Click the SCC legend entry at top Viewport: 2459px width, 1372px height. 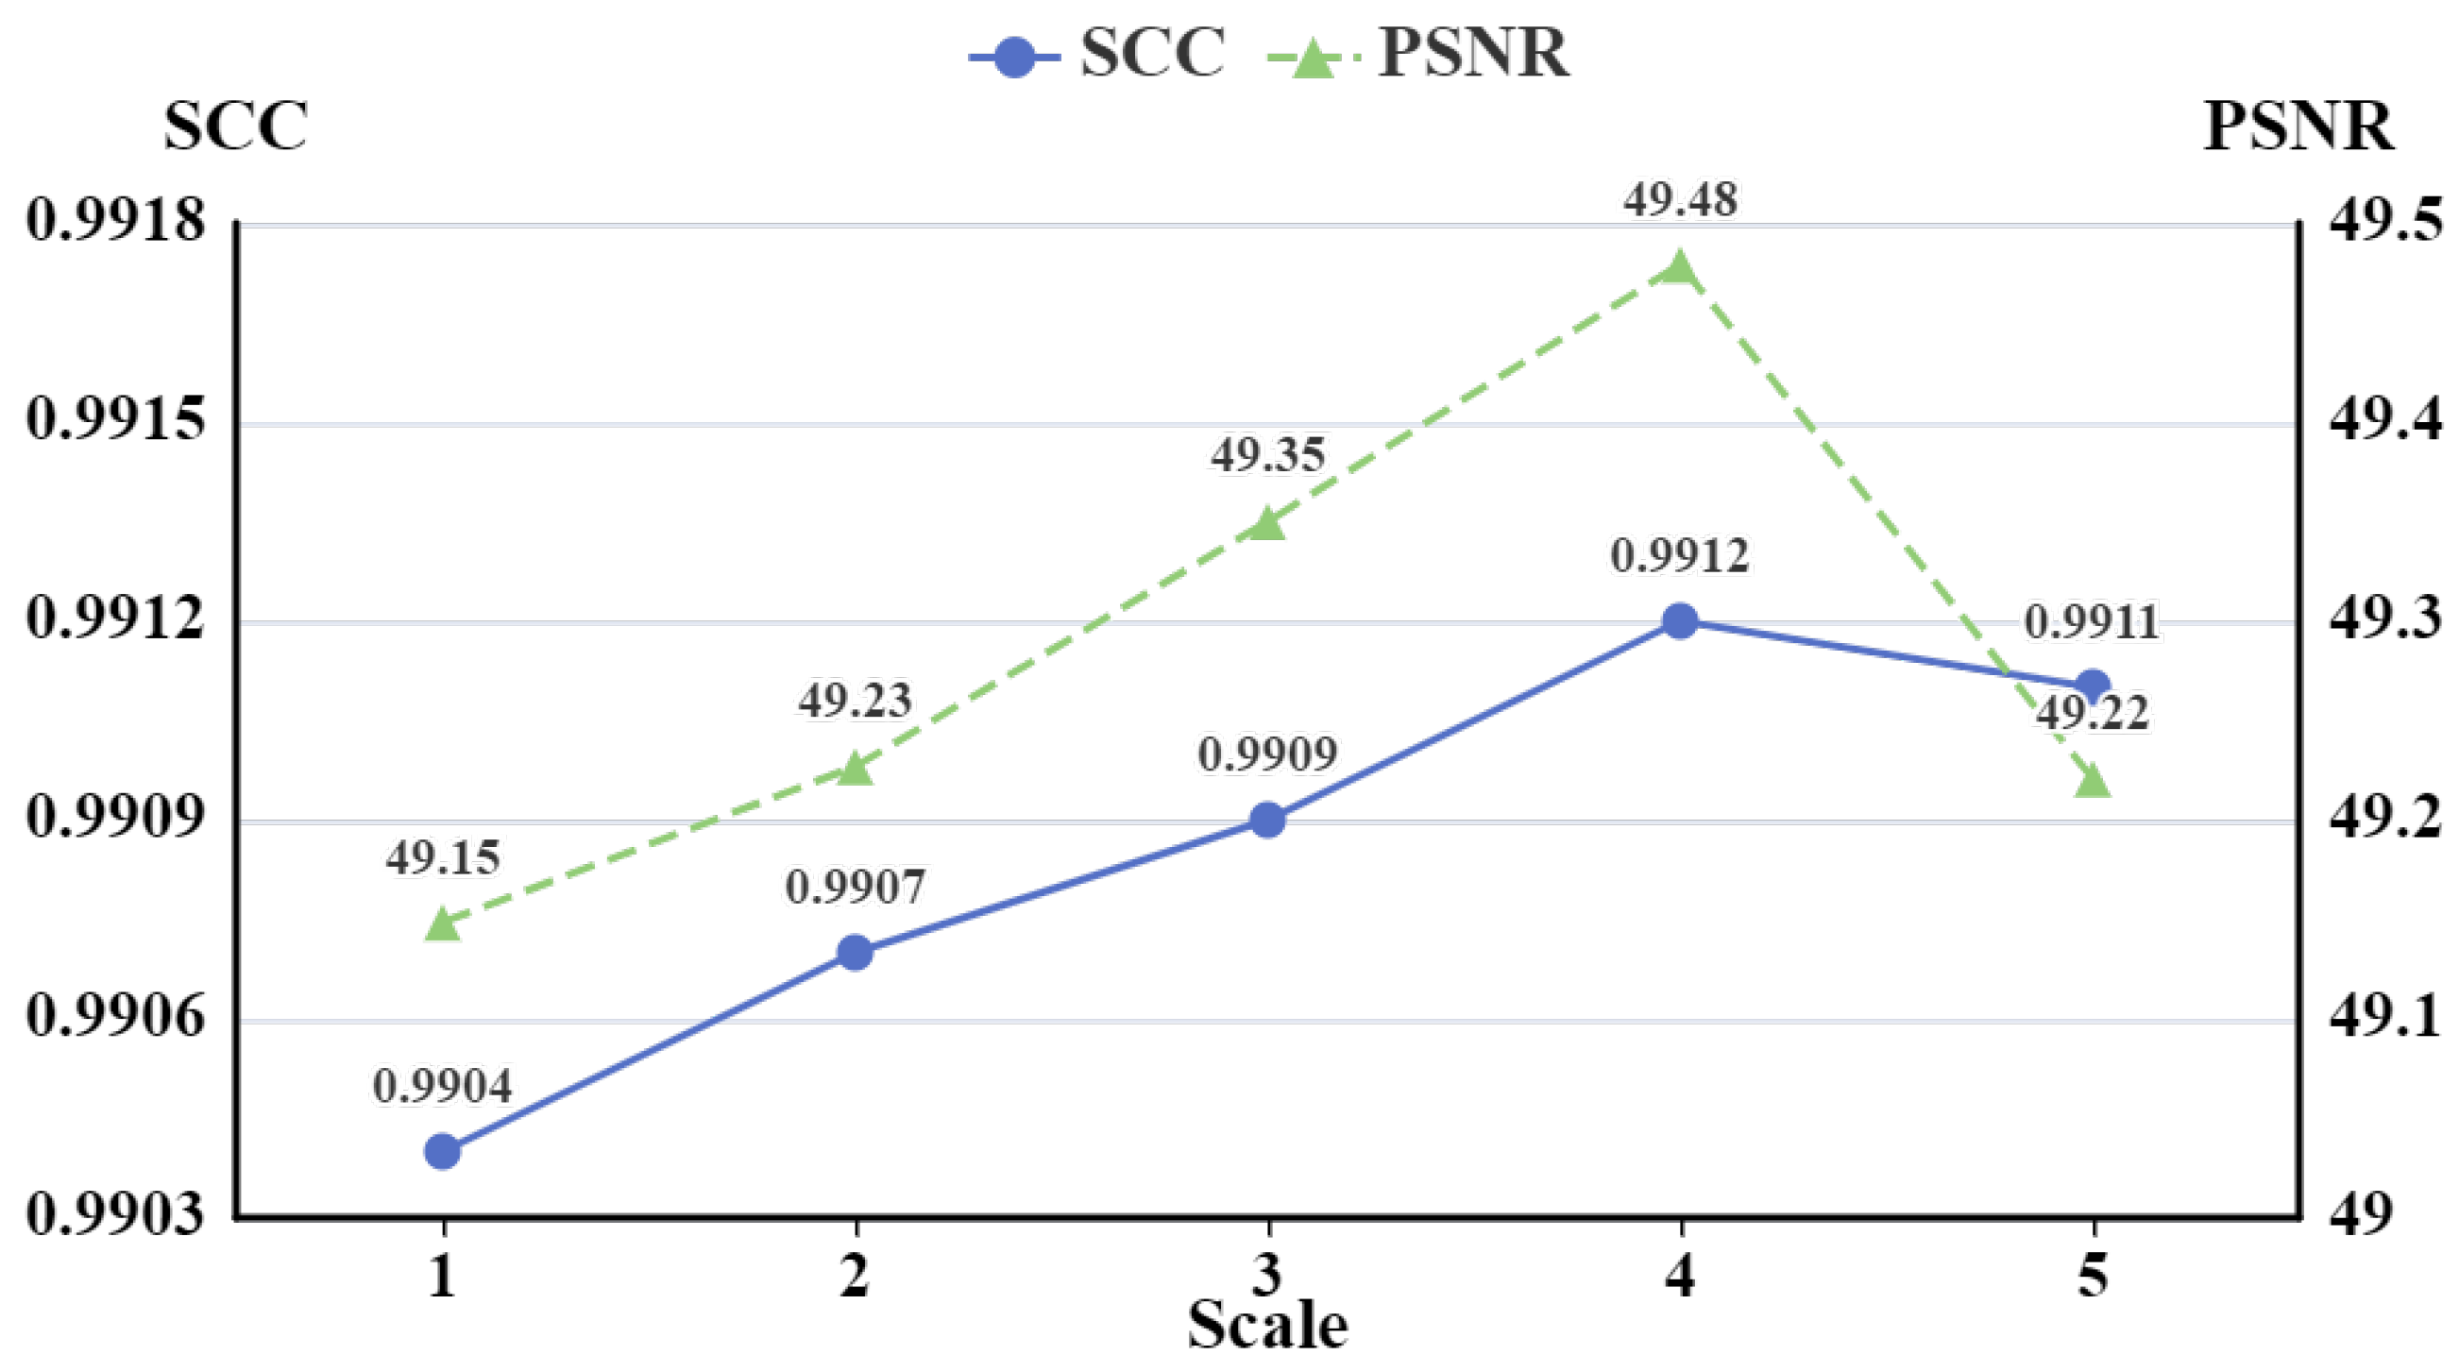pyautogui.click(x=1097, y=55)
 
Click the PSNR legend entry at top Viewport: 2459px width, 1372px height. pyautogui.click(x=1418, y=55)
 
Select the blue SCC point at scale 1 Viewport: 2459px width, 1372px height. pyautogui.click(x=442, y=1151)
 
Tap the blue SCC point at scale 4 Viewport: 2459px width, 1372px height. pyautogui.click(x=1680, y=621)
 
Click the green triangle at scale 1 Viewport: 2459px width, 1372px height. pyautogui.click(x=442, y=924)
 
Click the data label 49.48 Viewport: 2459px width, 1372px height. pyautogui.click(x=1680, y=200)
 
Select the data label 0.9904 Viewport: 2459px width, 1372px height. pyautogui.click(x=442, y=1087)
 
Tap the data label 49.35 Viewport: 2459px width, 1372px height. pyautogui.click(x=1267, y=455)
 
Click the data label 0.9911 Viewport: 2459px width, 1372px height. pyautogui.click(x=2092, y=623)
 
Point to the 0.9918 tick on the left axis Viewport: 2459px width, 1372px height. pyautogui.click(x=115, y=222)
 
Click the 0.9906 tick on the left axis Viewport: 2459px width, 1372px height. pyautogui.click(x=115, y=1016)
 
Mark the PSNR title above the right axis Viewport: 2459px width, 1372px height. pyautogui.click(x=2298, y=127)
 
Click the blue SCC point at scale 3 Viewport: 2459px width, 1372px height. pyautogui.click(x=1267, y=820)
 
